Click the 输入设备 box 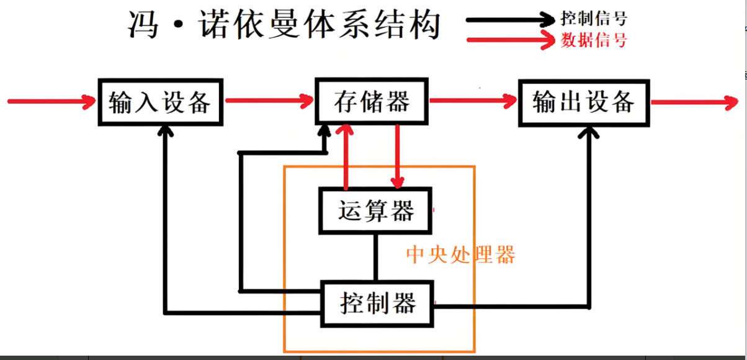coord(160,102)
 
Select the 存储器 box coord(372,101)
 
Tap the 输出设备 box coord(583,102)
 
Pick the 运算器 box coord(376,211)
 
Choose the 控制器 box coord(377,304)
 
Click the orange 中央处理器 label coord(460,254)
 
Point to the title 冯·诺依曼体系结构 coord(284,26)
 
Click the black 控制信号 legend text coord(593,17)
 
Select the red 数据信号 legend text coord(594,40)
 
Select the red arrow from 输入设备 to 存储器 coord(268,100)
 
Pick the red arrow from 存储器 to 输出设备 coord(473,100)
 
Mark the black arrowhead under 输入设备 coord(165,131)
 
